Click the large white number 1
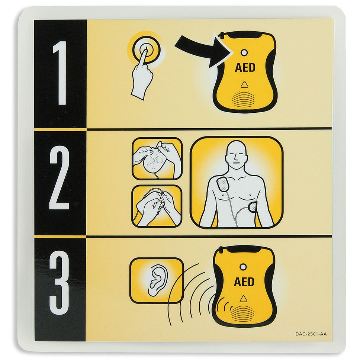(x=60, y=73)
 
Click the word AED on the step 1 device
(x=245, y=68)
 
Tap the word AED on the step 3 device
(x=244, y=282)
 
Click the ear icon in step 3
(x=156, y=280)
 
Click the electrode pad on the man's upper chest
(x=223, y=184)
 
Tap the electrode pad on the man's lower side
(x=253, y=207)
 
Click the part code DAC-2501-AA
(x=311, y=334)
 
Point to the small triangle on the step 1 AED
(x=244, y=84)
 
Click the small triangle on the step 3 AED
(x=244, y=298)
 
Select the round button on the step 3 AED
(x=243, y=267)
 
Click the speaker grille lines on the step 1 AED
(x=244, y=98)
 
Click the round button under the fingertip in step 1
(x=145, y=51)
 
